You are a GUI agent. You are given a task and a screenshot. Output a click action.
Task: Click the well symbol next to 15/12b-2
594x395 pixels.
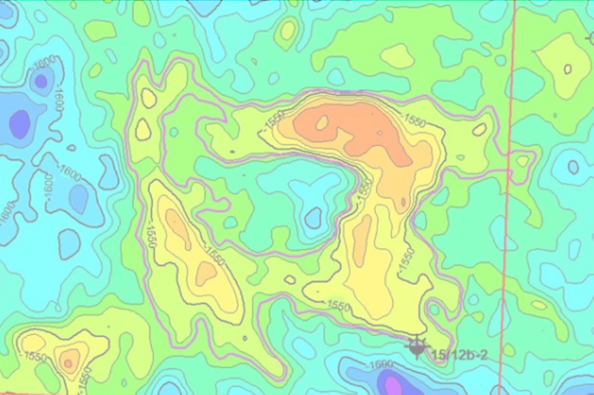pyautogui.click(x=417, y=347)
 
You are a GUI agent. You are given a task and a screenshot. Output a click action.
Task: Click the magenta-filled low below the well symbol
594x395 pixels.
pyautogui.click(x=393, y=385)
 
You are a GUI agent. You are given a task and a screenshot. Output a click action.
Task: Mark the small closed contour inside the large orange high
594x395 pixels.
pyautogui.click(x=322, y=122)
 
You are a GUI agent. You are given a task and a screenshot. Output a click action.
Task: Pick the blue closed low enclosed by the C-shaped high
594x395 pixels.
pyautogui.click(x=313, y=218)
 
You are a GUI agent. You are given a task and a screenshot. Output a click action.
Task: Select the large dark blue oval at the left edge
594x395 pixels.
pyautogui.click(x=20, y=124)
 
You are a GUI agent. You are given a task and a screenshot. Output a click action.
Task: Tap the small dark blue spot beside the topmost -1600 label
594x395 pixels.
pyautogui.click(x=41, y=81)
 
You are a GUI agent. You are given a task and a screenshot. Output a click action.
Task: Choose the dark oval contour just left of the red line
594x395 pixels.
pyautogui.click(x=479, y=130)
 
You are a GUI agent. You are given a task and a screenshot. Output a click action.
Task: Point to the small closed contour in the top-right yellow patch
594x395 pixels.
pyautogui.click(x=567, y=69)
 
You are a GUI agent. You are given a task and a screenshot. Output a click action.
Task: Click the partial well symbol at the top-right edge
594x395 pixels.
pyautogui.click(x=590, y=38)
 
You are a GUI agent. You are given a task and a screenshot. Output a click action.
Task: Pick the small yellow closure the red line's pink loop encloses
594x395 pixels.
pyautogui.click(x=522, y=161)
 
